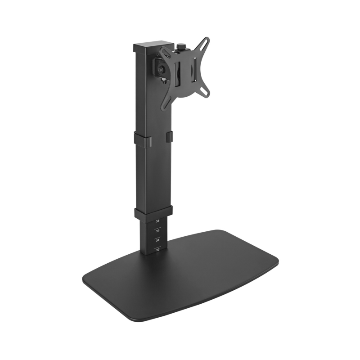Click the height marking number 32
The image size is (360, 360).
click(x=157, y=249)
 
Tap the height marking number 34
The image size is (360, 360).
click(x=157, y=240)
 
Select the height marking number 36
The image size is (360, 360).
click(x=157, y=231)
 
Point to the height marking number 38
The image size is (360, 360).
click(x=157, y=221)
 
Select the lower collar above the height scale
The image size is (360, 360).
click(x=153, y=212)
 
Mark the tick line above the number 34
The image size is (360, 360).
click(x=157, y=236)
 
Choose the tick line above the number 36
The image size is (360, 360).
click(x=157, y=227)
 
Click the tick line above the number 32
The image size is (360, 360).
click(x=157, y=245)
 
